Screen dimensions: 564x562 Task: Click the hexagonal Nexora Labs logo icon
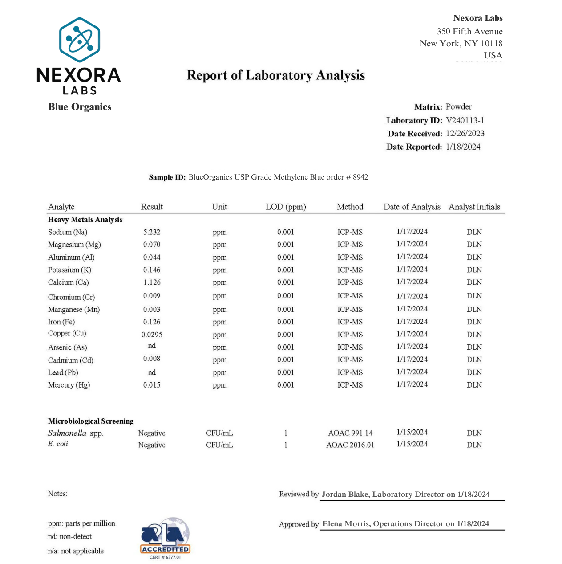coord(80,40)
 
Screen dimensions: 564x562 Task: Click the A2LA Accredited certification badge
coord(165,538)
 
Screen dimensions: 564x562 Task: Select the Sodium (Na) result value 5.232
coord(151,232)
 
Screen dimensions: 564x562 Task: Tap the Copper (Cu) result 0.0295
coord(152,335)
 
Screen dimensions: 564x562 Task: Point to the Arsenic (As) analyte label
coord(67,347)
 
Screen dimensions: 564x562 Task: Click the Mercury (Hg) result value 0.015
coord(152,385)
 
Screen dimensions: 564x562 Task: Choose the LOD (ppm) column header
coord(286,207)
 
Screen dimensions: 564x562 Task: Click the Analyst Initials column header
coord(474,207)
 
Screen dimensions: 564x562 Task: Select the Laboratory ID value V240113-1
coord(465,120)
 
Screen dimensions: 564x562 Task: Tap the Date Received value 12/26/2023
coord(465,134)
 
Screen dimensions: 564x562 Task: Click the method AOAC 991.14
coord(350,433)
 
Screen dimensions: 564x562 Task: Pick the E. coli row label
coord(58,444)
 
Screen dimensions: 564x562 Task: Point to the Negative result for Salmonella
coord(152,433)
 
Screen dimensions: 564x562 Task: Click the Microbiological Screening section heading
coord(91,421)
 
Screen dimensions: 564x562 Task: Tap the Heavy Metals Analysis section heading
coord(85,220)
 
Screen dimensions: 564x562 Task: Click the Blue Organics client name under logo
coord(80,107)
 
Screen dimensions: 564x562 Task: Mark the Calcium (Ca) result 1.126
coord(152,282)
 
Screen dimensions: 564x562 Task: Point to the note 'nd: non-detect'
coord(70,537)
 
